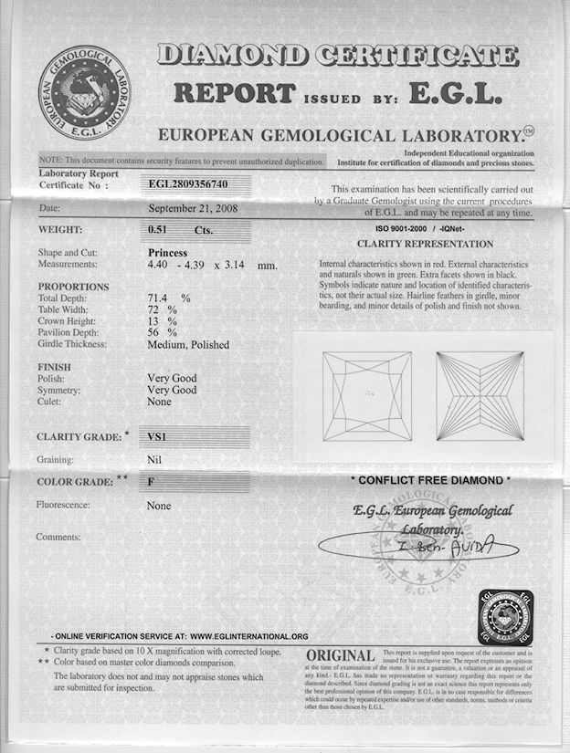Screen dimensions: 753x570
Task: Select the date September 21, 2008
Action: point(191,207)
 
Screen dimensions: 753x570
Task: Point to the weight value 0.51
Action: point(159,230)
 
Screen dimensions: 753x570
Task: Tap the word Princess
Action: point(167,252)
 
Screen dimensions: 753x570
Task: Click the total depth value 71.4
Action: point(161,298)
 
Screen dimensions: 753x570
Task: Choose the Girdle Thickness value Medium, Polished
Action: point(188,345)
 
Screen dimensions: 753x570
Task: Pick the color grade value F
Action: point(152,481)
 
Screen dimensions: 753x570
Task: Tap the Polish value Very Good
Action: point(172,378)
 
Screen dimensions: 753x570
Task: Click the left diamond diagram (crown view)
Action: point(368,396)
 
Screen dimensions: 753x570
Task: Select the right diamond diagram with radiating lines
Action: point(480,396)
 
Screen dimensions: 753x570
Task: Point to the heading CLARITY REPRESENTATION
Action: point(425,244)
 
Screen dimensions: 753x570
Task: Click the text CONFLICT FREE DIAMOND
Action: point(431,480)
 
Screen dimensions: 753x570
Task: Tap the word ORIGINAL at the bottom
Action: point(341,656)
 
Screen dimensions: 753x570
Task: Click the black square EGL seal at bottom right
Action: point(505,618)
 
